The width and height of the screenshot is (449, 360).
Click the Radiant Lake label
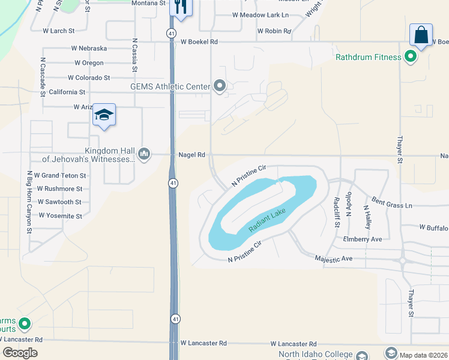click(268, 220)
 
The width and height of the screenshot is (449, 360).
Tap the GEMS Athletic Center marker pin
click(220, 86)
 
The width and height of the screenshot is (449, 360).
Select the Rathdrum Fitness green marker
click(411, 58)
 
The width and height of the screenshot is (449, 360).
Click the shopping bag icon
click(421, 34)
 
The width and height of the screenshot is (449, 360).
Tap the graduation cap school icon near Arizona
click(104, 115)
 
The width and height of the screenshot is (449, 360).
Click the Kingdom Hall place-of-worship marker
click(144, 154)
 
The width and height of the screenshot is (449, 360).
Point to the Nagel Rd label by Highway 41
click(192, 155)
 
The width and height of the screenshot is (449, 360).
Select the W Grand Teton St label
click(60, 176)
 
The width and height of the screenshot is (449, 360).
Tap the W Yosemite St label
click(60, 215)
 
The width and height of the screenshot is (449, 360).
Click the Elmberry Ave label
click(363, 239)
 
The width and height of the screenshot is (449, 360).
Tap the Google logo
click(20, 353)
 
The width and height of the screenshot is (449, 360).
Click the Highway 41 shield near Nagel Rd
click(172, 182)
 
